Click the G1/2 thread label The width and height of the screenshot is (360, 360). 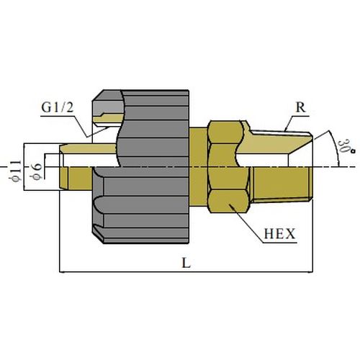58,107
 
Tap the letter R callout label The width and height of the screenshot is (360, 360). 301,107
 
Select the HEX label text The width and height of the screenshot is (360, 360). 279,233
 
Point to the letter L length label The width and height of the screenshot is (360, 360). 186,263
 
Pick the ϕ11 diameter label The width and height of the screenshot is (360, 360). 16,171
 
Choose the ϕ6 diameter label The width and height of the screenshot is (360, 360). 37,171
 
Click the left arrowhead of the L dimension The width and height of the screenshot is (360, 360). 62,272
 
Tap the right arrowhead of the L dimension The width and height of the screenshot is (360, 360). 310,272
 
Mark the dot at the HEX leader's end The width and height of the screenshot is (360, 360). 230,205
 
